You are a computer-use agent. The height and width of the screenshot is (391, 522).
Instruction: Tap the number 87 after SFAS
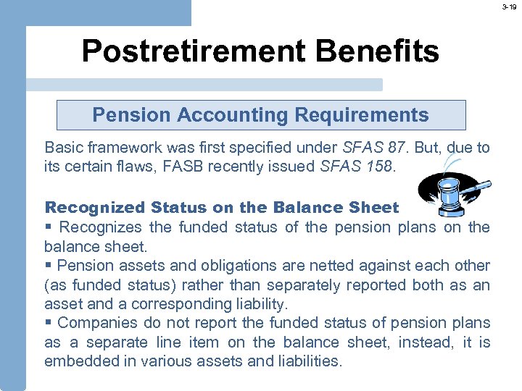[397, 148]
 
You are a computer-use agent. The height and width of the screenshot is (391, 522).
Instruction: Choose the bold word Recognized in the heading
[95, 208]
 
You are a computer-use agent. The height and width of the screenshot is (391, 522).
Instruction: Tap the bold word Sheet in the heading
[373, 208]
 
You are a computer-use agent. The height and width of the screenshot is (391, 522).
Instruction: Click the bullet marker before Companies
[48, 323]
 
